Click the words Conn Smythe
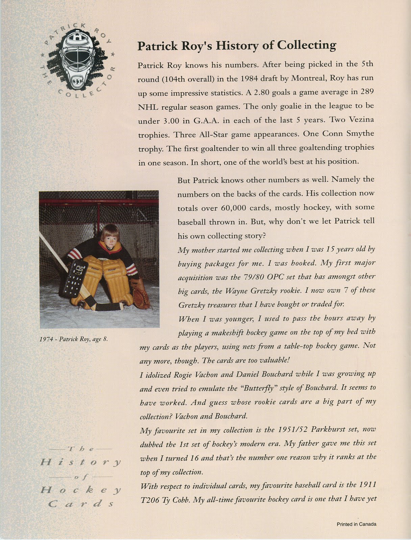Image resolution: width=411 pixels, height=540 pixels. point(348,134)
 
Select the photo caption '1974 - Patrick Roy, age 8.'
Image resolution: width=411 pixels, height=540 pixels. point(74,339)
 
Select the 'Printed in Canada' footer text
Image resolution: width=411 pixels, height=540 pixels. point(356,524)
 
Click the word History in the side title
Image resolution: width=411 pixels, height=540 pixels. point(81,462)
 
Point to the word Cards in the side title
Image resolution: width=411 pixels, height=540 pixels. point(81,504)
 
